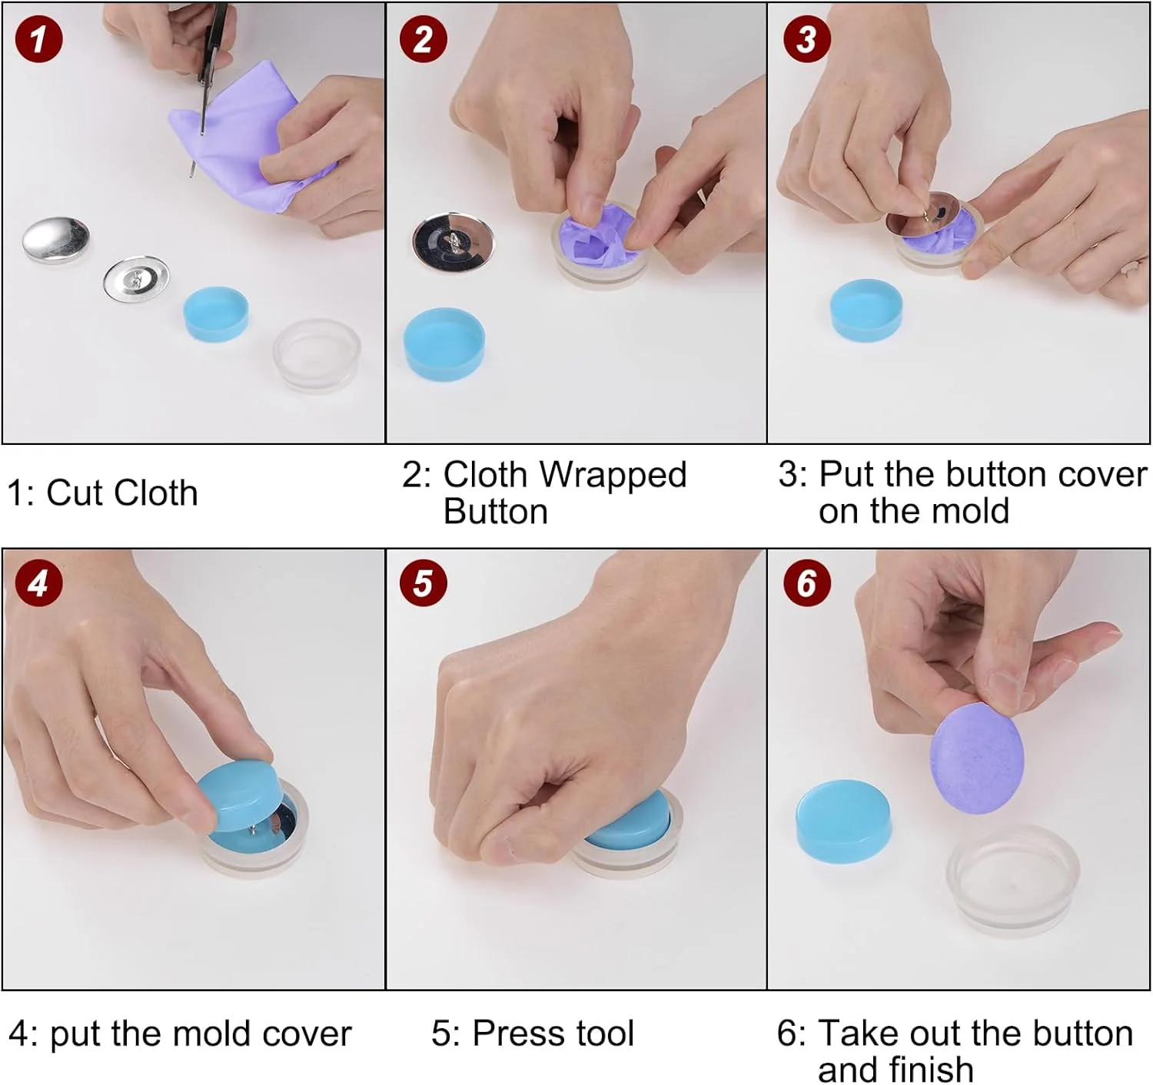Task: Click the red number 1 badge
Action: (x=39, y=39)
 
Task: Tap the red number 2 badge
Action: (x=424, y=39)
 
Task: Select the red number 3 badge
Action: (x=807, y=39)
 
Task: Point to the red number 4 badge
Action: (x=39, y=583)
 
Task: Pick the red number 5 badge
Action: (x=424, y=583)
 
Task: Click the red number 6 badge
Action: (x=807, y=583)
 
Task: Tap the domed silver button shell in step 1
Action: (x=56, y=241)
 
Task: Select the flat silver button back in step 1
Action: (x=136, y=279)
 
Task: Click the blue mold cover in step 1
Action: (x=216, y=314)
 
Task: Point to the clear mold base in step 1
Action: (x=317, y=355)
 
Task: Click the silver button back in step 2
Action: (x=454, y=242)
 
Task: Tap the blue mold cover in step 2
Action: (x=444, y=343)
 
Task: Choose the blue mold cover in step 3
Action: (x=866, y=310)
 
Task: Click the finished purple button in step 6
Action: (x=977, y=758)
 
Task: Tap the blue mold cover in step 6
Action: (x=843, y=821)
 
